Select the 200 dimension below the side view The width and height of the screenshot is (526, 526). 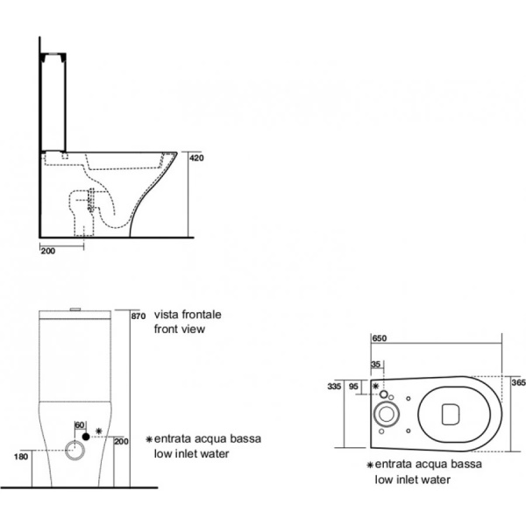click(x=48, y=250)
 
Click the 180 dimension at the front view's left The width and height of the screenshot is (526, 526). click(x=21, y=456)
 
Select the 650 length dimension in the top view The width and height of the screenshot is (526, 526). click(x=380, y=338)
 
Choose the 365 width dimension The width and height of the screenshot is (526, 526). click(x=517, y=383)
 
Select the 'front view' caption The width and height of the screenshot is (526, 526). click(x=179, y=329)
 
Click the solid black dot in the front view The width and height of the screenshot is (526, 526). click(x=85, y=436)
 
